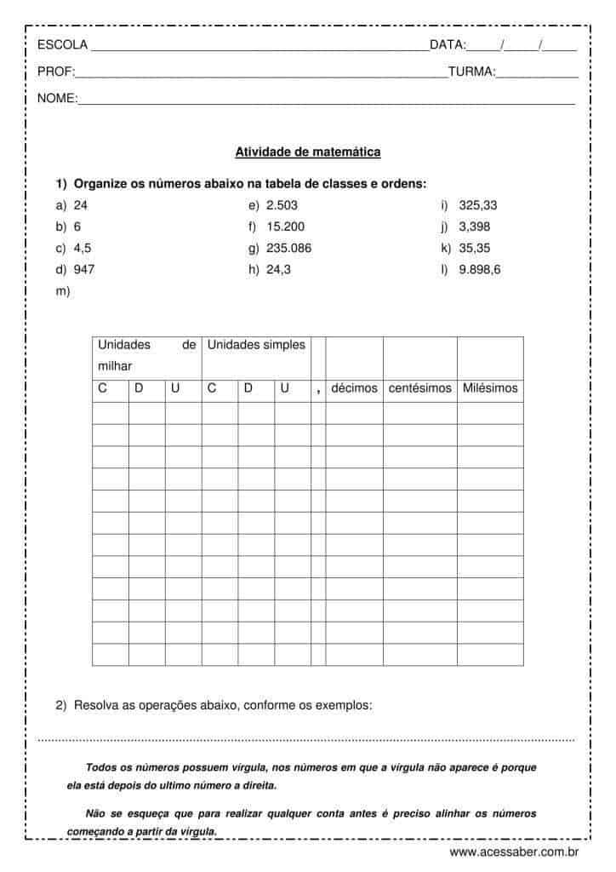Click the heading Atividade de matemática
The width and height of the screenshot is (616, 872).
pyautogui.click(x=307, y=152)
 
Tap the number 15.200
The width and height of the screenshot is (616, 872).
pyautogui.click(x=285, y=227)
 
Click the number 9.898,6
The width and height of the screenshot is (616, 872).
pyautogui.click(x=480, y=270)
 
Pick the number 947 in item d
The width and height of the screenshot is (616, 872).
pyautogui.click(x=84, y=270)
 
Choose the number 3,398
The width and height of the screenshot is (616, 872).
pyautogui.click(x=475, y=227)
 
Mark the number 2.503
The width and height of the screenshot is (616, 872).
pyautogui.click(x=282, y=205)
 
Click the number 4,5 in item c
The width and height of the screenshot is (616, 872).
pyautogui.click(x=83, y=249)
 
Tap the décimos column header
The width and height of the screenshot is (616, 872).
pyautogui.click(x=354, y=388)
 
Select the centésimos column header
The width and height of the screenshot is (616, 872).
pyautogui.click(x=419, y=388)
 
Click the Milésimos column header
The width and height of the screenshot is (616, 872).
pyautogui.click(x=490, y=388)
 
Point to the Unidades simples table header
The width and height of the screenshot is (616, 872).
pyautogui.click(x=255, y=345)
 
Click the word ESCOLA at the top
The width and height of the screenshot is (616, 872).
pyautogui.click(x=62, y=45)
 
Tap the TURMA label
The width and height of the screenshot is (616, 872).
pyautogui.click(x=471, y=72)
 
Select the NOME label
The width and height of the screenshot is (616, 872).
pyautogui.click(x=57, y=99)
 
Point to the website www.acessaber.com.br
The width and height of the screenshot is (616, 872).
pyautogui.click(x=515, y=851)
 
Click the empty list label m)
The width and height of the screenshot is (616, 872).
pyautogui.click(x=61, y=291)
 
